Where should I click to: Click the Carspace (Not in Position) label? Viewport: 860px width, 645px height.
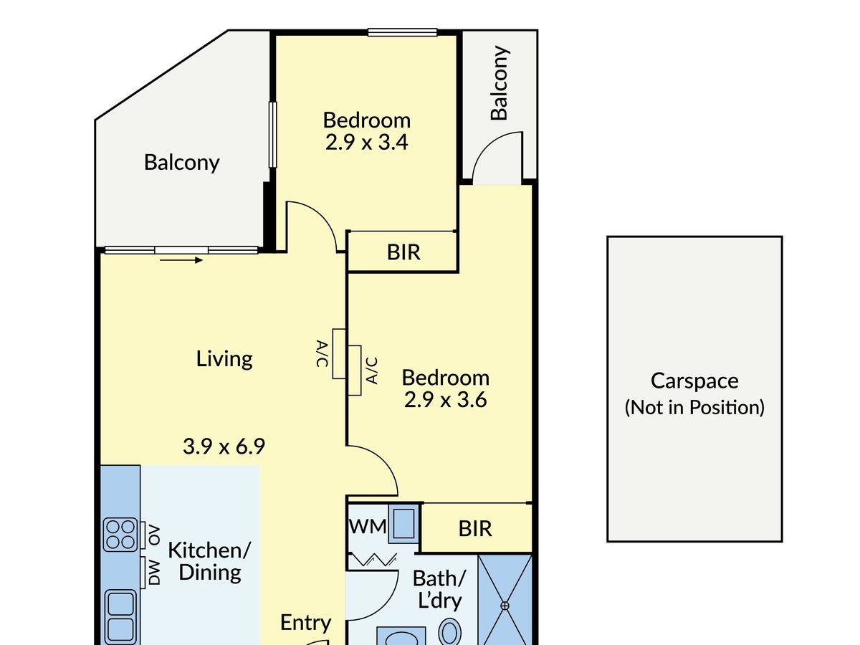tap(694, 393)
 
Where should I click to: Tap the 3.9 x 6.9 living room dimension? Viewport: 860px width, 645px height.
tap(224, 446)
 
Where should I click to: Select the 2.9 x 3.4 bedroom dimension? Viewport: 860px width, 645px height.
tap(367, 142)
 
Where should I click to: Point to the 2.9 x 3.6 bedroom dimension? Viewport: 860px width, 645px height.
tap(446, 399)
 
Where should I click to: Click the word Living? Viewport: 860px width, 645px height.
tap(224, 359)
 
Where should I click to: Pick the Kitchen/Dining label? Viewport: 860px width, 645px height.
tap(209, 561)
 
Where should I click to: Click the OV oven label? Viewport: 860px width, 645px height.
tap(154, 535)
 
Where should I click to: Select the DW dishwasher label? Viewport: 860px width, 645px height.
tap(154, 572)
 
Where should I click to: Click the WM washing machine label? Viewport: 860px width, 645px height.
tap(368, 526)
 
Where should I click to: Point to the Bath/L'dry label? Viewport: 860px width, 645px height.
tap(439, 589)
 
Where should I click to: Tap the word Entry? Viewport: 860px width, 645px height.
tap(305, 623)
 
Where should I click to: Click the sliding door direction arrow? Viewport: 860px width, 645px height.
tap(181, 260)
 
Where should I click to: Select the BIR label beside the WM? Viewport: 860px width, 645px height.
tap(475, 529)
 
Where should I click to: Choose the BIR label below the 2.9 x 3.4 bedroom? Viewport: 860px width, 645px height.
tap(403, 252)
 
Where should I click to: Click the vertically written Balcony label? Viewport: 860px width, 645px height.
tap(500, 82)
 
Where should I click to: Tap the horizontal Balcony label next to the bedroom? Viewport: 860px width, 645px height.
tap(182, 163)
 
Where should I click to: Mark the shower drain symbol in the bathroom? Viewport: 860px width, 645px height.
tap(505, 606)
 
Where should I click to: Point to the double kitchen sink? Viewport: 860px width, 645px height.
tap(120, 617)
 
